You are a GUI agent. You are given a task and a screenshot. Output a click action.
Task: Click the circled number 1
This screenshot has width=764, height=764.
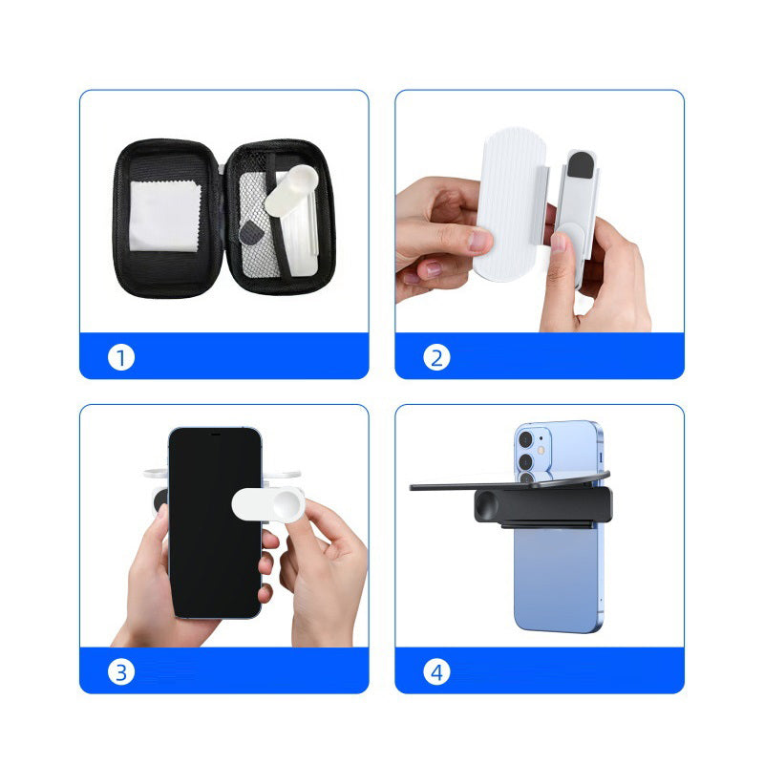121,357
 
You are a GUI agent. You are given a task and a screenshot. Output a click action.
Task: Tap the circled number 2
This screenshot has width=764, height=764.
436,357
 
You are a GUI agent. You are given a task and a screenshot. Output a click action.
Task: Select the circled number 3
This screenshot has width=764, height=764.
121,672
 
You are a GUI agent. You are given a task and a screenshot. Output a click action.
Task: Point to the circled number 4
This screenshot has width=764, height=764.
436,672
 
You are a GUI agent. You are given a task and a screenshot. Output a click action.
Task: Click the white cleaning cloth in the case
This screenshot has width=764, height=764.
164,217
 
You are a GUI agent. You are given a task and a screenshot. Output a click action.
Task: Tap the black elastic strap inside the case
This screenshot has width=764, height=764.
277,220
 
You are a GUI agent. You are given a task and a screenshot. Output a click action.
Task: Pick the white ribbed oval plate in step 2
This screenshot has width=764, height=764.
509,204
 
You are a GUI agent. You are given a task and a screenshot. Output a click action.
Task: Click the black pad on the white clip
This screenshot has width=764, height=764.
580,164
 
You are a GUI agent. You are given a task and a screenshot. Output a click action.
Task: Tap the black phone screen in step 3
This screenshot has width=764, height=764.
214,522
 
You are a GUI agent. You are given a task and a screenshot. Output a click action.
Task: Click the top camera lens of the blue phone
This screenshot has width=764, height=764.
525,439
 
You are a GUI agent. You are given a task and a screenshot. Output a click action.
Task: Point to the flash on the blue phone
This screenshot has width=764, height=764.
541,450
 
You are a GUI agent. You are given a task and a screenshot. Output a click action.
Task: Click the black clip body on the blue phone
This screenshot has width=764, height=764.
542,506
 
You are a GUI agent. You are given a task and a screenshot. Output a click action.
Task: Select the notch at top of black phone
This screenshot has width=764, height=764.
216,434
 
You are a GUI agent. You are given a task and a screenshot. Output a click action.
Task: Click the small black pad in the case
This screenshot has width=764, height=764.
250,233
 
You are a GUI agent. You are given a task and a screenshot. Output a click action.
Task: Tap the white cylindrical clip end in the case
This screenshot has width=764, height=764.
292,190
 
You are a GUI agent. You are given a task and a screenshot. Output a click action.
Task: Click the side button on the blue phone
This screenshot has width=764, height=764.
601,457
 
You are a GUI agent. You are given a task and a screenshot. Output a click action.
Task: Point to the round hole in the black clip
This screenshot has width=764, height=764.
486,505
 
